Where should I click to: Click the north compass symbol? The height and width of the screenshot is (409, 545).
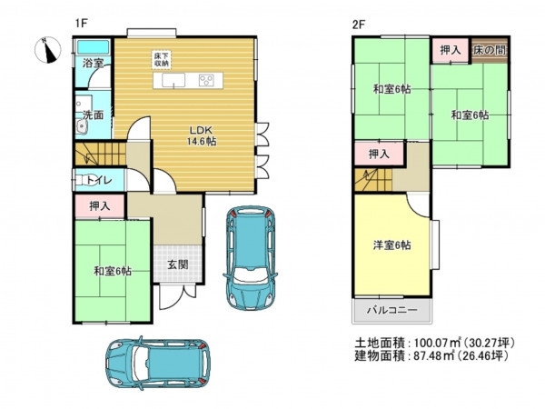tap(48, 50)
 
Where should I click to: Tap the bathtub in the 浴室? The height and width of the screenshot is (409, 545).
tap(94, 47)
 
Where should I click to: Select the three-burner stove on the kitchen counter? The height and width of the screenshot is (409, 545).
tap(206, 81)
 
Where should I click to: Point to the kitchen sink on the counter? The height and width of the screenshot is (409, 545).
tap(173, 81)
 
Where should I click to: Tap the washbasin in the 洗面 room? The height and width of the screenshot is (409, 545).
tap(82, 126)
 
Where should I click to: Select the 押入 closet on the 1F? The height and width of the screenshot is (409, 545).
tap(100, 206)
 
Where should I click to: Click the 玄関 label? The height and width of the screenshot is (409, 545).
tap(178, 264)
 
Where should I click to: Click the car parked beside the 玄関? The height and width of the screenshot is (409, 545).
tap(251, 258)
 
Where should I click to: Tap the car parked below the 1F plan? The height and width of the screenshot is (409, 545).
tap(158, 363)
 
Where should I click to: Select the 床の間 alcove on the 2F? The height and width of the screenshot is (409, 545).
tap(490, 50)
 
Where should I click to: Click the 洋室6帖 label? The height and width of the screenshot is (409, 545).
tap(392, 245)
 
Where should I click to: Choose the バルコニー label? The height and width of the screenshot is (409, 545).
tap(392, 310)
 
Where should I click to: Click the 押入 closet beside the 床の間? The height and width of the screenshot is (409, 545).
tap(451, 50)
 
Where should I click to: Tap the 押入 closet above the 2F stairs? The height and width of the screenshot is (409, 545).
tap(379, 154)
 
